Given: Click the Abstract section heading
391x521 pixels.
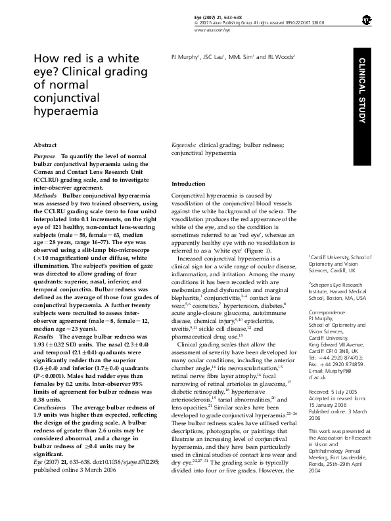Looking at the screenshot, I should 45,143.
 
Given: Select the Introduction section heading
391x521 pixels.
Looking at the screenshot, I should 188,183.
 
